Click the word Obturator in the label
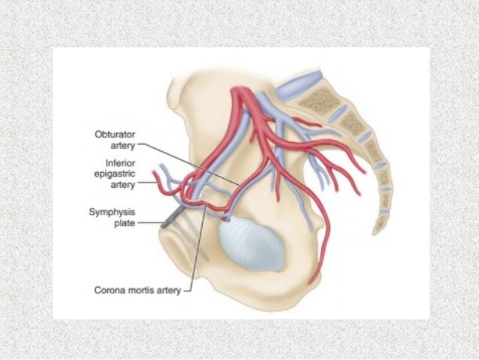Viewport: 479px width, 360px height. pos(113,134)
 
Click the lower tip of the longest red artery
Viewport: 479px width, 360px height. pos(319,283)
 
